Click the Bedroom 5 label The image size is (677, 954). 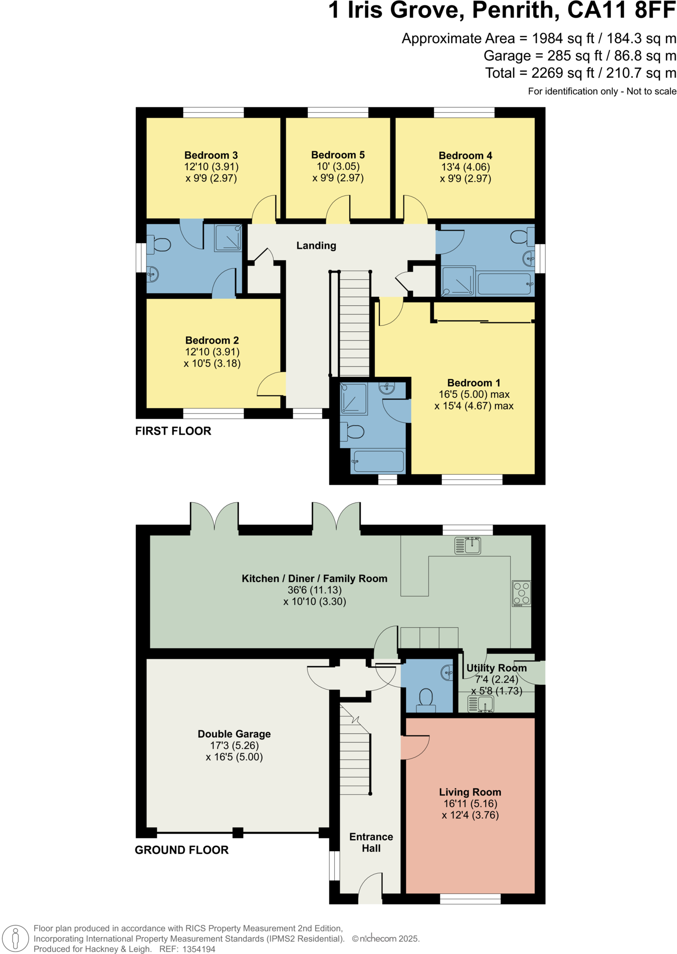(338, 155)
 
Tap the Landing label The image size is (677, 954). (316, 246)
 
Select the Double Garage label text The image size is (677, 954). (234, 734)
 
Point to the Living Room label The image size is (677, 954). (470, 792)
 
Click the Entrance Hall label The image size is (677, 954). (371, 842)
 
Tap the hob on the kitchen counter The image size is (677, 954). (521, 593)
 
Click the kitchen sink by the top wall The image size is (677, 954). (468, 545)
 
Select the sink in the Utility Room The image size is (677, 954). (481, 704)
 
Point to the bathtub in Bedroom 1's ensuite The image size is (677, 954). (378, 461)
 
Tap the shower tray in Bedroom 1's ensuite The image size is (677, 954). (354, 399)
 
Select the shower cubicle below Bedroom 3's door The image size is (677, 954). (229, 238)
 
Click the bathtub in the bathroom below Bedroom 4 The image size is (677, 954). (504, 284)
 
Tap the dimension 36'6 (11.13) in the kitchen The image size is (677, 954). (314, 590)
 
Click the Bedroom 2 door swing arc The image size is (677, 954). (271, 384)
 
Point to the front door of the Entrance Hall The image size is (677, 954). (371, 890)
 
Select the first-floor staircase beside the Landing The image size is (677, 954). (354, 323)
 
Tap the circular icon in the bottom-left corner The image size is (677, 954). (16, 938)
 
